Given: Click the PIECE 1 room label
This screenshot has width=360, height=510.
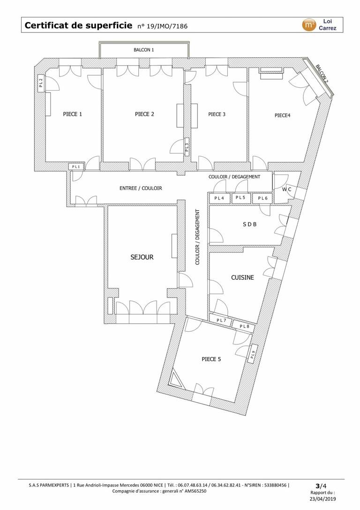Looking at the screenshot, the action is (x=73, y=114).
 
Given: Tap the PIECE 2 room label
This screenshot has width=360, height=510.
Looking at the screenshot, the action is (x=144, y=114).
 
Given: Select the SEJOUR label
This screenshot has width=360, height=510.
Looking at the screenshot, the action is (x=142, y=257).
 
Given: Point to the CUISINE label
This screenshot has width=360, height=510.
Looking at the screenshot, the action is (x=242, y=277).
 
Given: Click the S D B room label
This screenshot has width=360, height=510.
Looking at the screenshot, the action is (x=249, y=224).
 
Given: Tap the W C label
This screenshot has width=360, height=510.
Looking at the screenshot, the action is (x=286, y=189).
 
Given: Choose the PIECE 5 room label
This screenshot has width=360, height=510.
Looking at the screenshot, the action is (x=211, y=359).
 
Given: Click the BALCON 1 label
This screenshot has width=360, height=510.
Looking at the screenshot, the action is (x=143, y=50).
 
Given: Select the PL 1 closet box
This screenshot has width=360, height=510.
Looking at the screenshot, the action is (x=76, y=167).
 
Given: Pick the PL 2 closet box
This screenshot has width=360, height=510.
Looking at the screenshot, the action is (x=41, y=83).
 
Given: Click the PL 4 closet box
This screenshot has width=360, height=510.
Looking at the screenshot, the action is (x=219, y=198).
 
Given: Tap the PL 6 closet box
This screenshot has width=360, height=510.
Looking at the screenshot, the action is (x=262, y=198).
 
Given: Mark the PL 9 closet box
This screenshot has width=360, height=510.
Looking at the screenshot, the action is (x=254, y=354).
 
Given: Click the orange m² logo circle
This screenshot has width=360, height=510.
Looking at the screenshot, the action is (x=308, y=25).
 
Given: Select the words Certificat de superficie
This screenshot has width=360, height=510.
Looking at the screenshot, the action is (x=79, y=25).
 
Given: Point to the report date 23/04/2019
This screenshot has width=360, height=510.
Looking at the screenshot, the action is (x=322, y=499).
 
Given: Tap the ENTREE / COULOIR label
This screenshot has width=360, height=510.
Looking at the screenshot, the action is (x=141, y=188).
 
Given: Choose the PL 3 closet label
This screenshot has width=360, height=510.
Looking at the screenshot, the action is (x=187, y=148).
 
